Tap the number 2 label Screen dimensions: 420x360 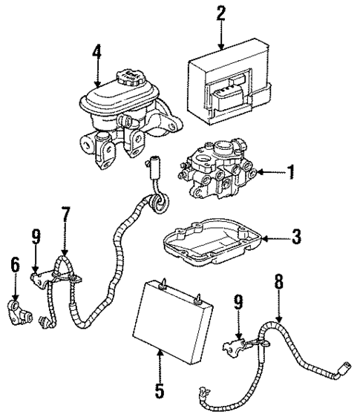click(x=220, y=13)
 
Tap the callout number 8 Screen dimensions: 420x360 click(x=278, y=282)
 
